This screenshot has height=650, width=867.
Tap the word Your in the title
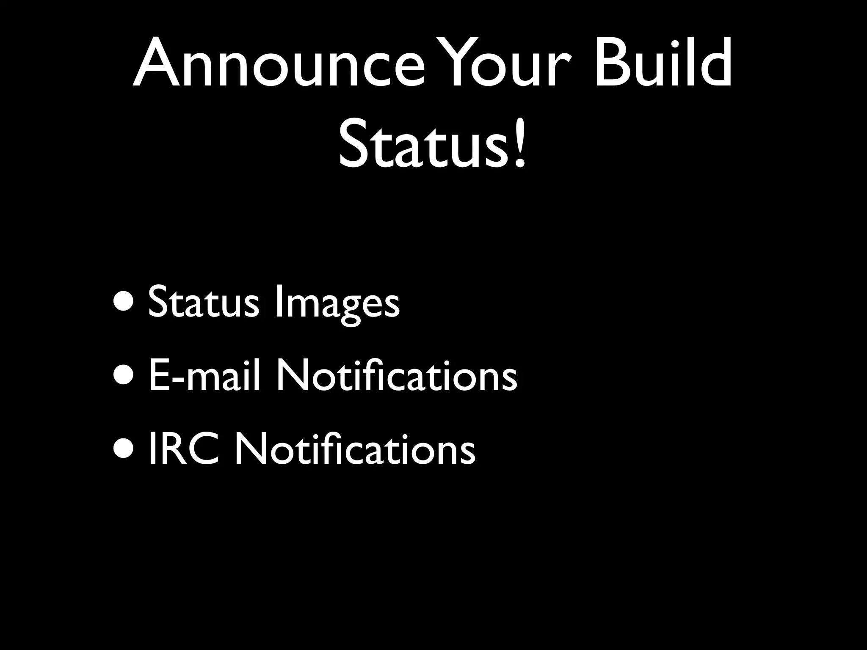pos(501,63)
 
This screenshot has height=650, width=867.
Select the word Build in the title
pos(663,63)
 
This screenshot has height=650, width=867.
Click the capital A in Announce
pos(155,63)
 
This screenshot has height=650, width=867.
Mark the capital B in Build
pos(612,63)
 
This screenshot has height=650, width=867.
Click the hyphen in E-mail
pos(177,379)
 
